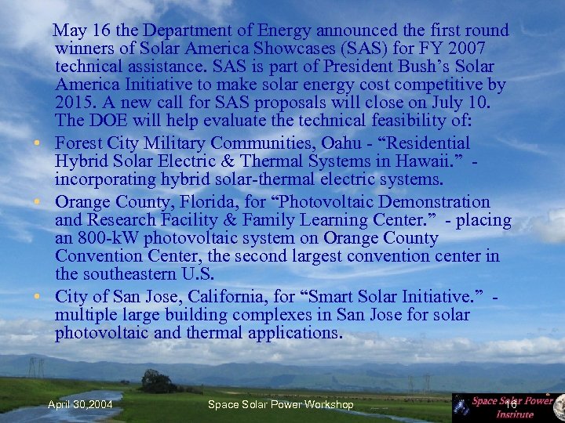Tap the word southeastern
point(129,274)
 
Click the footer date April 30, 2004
point(80,404)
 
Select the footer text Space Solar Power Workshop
point(280,404)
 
